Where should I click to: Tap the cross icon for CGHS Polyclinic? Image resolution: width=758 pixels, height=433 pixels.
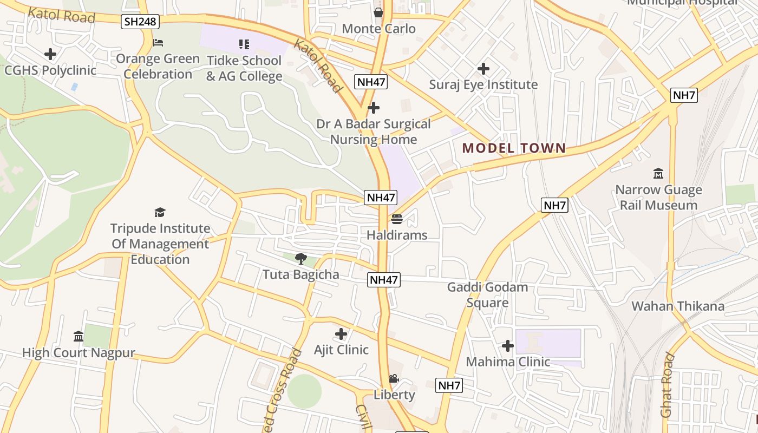click(50, 54)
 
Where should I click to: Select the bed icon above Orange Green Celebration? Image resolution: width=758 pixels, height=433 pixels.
click(158, 42)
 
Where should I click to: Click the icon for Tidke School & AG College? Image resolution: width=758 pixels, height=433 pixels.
click(244, 44)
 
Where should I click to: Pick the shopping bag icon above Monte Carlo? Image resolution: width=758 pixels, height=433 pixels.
click(378, 12)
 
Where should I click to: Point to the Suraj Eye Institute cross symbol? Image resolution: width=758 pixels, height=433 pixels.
click(483, 69)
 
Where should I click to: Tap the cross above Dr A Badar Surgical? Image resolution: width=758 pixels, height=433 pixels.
click(373, 108)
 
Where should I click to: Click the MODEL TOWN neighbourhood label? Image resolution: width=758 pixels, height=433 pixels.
click(514, 148)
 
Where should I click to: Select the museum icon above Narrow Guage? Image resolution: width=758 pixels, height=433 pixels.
click(658, 174)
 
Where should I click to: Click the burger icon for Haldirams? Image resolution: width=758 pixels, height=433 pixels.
click(397, 219)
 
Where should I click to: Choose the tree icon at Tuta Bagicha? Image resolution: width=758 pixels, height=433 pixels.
click(300, 259)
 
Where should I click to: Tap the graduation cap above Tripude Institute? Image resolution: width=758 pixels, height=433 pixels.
click(160, 212)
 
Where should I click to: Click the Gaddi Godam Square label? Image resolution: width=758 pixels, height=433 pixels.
click(487, 294)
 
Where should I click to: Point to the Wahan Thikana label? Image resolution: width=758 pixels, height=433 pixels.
click(678, 306)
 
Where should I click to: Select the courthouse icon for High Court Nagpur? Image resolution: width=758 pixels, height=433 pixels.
click(79, 337)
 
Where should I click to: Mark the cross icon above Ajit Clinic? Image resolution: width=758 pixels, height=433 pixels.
click(341, 334)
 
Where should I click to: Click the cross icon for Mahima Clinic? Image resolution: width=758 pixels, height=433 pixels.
click(507, 345)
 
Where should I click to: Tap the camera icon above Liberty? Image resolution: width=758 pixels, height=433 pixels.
click(394, 379)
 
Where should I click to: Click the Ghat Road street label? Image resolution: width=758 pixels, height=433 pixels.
click(667, 385)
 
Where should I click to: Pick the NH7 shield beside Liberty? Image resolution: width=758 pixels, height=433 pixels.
click(449, 385)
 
